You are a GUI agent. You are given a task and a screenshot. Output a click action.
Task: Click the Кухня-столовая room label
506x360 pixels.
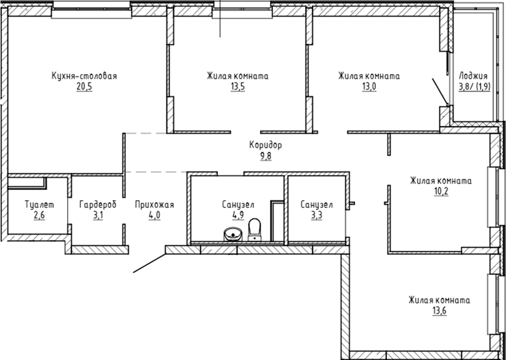click(84, 76)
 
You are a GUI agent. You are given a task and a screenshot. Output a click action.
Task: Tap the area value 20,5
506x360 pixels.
click(84, 86)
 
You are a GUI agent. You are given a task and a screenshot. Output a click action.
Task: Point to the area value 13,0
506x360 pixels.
click(369, 87)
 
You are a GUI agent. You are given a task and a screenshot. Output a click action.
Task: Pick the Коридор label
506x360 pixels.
click(266, 145)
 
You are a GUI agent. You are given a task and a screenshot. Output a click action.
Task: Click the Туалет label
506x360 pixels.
click(39, 204)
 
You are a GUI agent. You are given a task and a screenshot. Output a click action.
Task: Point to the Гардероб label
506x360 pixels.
click(97, 204)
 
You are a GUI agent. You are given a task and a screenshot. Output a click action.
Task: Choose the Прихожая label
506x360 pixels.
click(154, 204)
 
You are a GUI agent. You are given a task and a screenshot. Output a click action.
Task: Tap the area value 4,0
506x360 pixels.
click(154, 215)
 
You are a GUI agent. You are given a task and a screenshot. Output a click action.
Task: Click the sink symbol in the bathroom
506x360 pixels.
click(232, 233)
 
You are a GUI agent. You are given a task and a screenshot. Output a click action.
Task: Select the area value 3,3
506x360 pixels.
click(317, 215)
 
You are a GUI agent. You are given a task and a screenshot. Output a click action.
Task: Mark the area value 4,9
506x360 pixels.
click(238, 215)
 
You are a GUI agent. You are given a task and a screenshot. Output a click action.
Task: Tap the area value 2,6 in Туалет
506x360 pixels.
click(39, 215)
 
